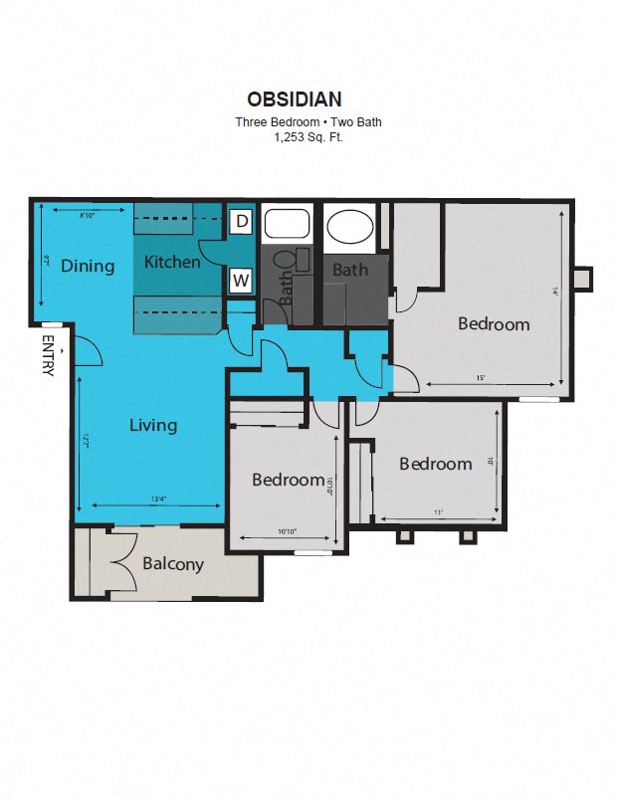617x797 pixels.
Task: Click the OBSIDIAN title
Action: (294, 99)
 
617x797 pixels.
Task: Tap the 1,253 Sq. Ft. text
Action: (308, 137)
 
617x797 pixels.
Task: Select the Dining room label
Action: (88, 266)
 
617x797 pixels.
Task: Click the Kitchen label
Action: (172, 263)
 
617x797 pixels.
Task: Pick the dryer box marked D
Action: (241, 221)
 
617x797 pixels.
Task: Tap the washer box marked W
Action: (241, 281)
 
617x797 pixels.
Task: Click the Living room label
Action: (153, 425)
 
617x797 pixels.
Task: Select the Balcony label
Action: (173, 564)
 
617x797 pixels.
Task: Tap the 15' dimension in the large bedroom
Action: (480, 378)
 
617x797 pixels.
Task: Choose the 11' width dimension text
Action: (438, 512)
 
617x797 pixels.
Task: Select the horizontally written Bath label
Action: (350, 270)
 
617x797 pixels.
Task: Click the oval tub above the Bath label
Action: (349, 228)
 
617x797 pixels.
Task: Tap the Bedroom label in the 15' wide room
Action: (494, 323)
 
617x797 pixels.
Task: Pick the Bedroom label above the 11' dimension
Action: (435, 464)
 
